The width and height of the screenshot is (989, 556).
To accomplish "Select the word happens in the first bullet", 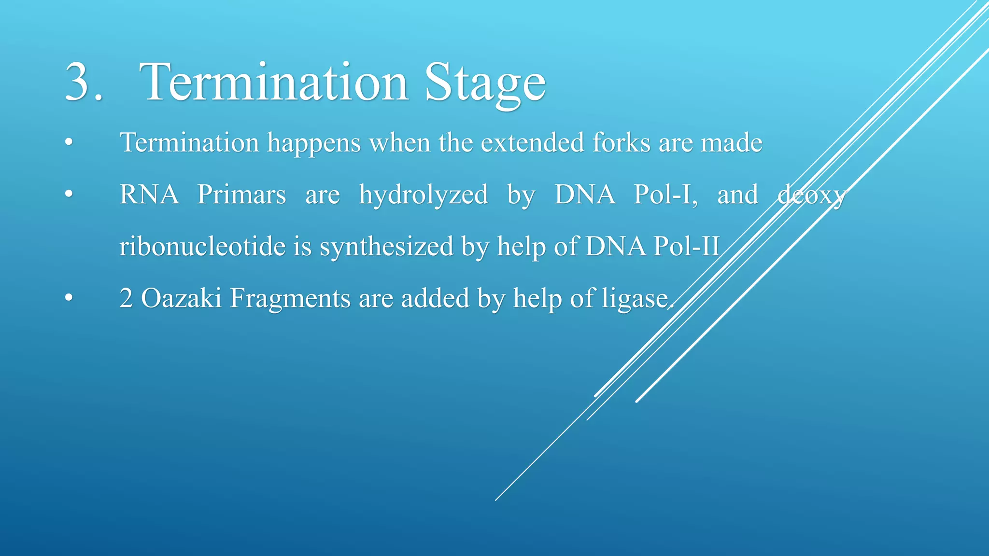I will (314, 143).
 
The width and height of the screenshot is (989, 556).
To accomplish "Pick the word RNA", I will (149, 195).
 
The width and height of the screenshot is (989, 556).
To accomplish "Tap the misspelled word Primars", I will (241, 195).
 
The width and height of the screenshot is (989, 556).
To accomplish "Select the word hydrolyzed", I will (423, 195).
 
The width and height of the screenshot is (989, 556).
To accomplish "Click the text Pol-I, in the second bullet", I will (665, 195).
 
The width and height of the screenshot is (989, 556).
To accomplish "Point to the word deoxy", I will (812, 195).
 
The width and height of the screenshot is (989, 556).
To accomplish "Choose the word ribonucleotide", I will (202, 246).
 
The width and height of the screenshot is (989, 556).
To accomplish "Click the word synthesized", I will (386, 247).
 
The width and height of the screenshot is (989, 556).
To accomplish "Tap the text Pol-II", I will (686, 246).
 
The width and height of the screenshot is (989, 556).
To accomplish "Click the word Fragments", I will (290, 299).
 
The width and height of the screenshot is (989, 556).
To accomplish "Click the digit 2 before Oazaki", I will (126, 298).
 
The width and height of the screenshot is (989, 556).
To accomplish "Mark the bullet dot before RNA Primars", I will (69, 195).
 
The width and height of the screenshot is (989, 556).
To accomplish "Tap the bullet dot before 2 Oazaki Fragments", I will (69, 298).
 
